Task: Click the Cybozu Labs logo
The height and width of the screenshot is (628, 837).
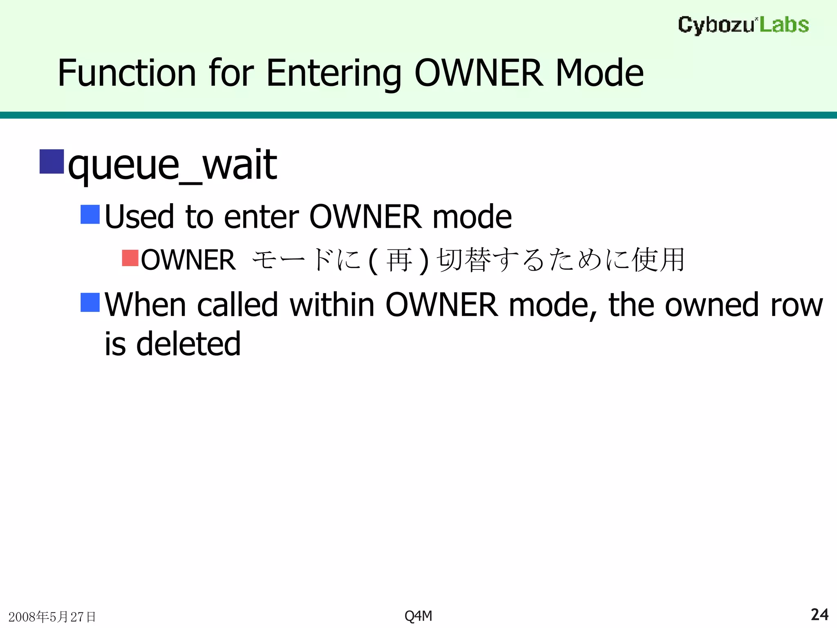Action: pyautogui.click(x=743, y=25)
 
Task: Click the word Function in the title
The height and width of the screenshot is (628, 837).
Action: pyautogui.click(x=127, y=73)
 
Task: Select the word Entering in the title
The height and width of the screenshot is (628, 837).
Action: pyautogui.click(x=333, y=73)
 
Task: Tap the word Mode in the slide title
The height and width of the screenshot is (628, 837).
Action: pyautogui.click(x=599, y=73)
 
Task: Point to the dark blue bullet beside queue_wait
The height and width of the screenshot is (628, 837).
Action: pyautogui.click(x=51, y=162)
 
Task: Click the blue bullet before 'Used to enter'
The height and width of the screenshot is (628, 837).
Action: pyautogui.click(x=90, y=215)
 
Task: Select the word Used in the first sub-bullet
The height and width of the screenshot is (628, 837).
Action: pyautogui.click(x=139, y=217)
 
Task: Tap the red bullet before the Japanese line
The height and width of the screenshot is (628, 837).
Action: pyautogui.click(x=130, y=258)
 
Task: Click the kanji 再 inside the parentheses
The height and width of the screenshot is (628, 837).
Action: pyautogui.click(x=398, y=260)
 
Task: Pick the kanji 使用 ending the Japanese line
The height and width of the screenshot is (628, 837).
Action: pyautogui.click(x=658, y=260)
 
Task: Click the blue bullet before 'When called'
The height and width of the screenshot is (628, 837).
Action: pyautogui.click(x=90, y=303)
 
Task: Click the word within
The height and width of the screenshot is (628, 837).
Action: pyautogui.click(x=332, y=305)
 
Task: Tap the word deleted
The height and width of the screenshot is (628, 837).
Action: pyautogui.click(x=188, y=344)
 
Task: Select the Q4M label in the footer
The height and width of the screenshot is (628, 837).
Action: pyautogui.click(x=418, y=616)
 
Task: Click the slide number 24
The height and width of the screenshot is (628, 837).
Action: pyautogui.click(x=819, y=615)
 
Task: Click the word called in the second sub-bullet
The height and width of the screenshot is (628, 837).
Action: pyautogui.click(x=237, y=305)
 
